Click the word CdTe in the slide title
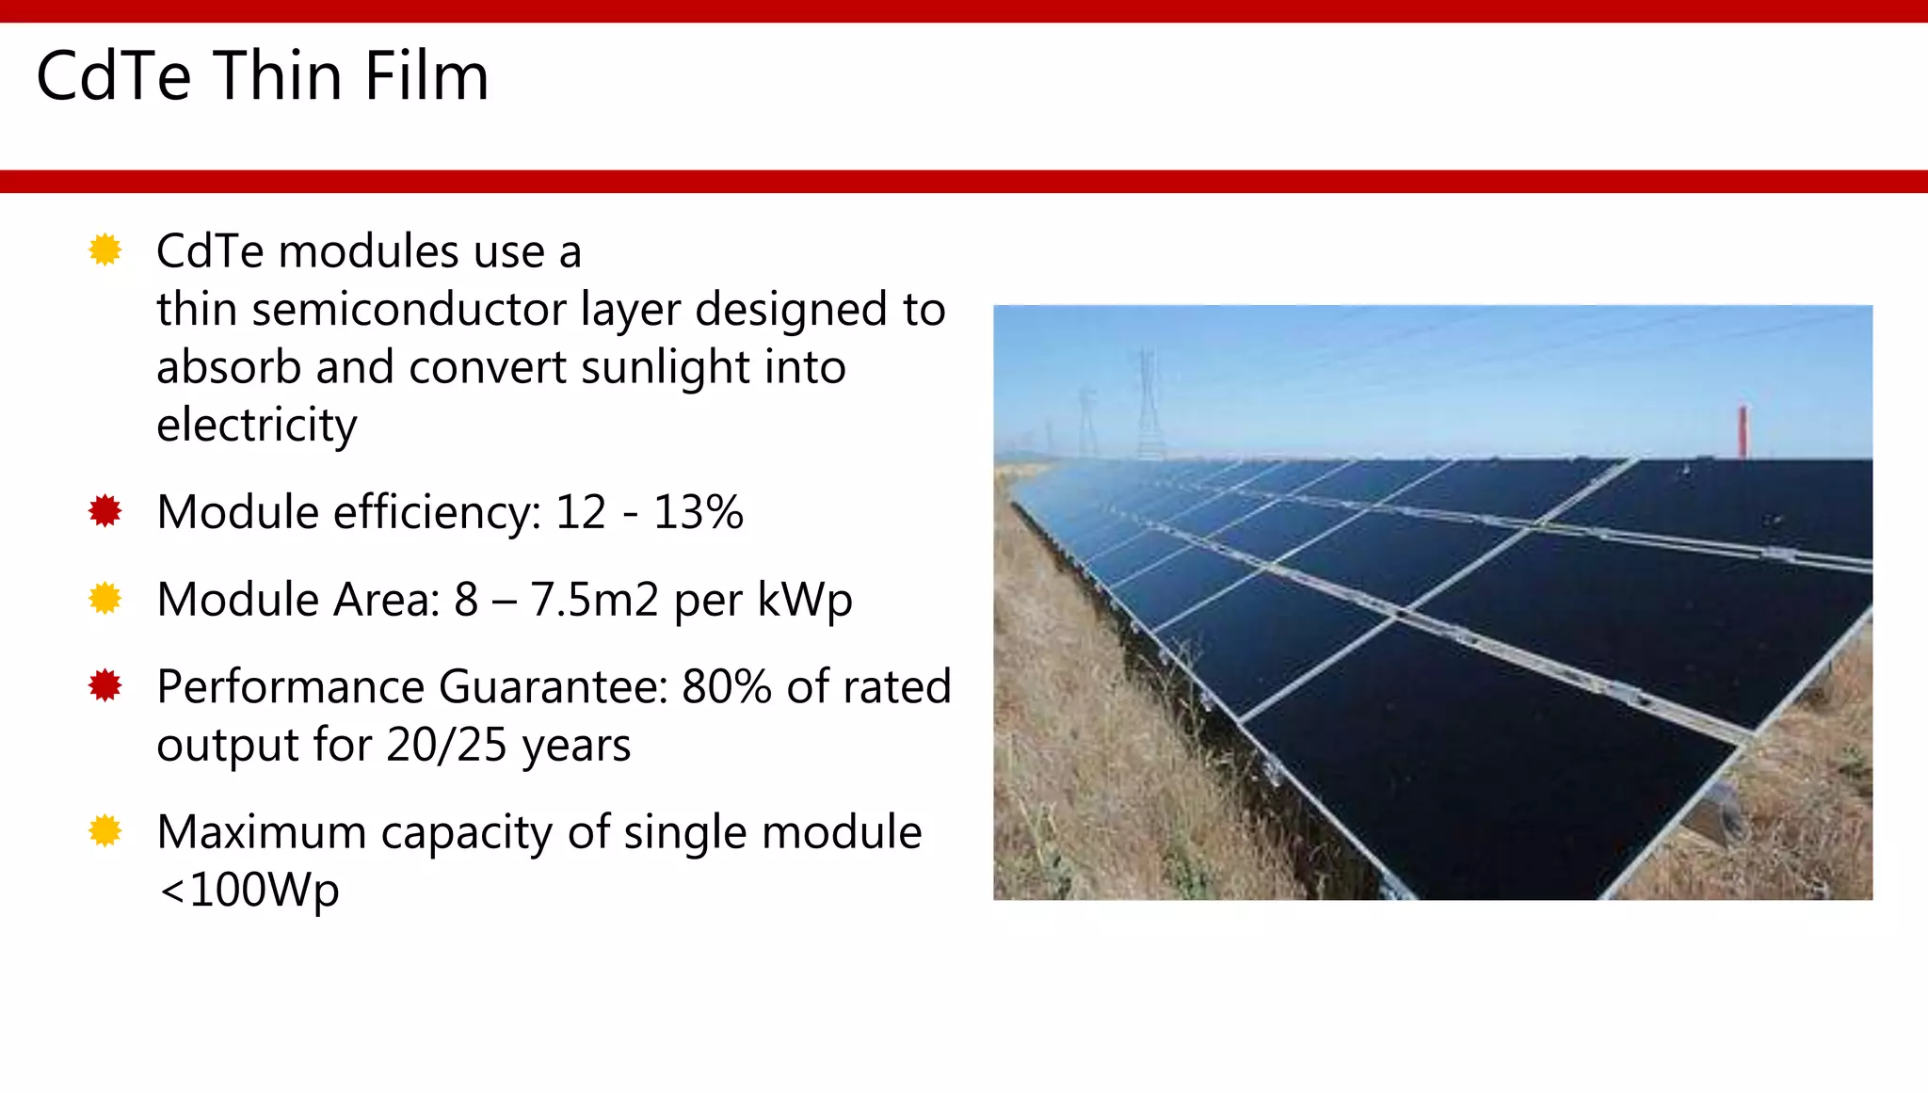[113, 76]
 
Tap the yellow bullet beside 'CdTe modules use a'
[105, 250]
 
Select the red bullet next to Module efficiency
[105, 511]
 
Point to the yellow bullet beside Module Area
[105, 599]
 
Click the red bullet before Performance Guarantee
[105, 685]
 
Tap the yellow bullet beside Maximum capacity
[105, 831]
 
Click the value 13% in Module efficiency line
[698, 512]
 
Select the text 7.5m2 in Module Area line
[594, 600]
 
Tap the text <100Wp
[249, 890]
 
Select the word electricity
[256, 426]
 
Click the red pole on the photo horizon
[1743, 431]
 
